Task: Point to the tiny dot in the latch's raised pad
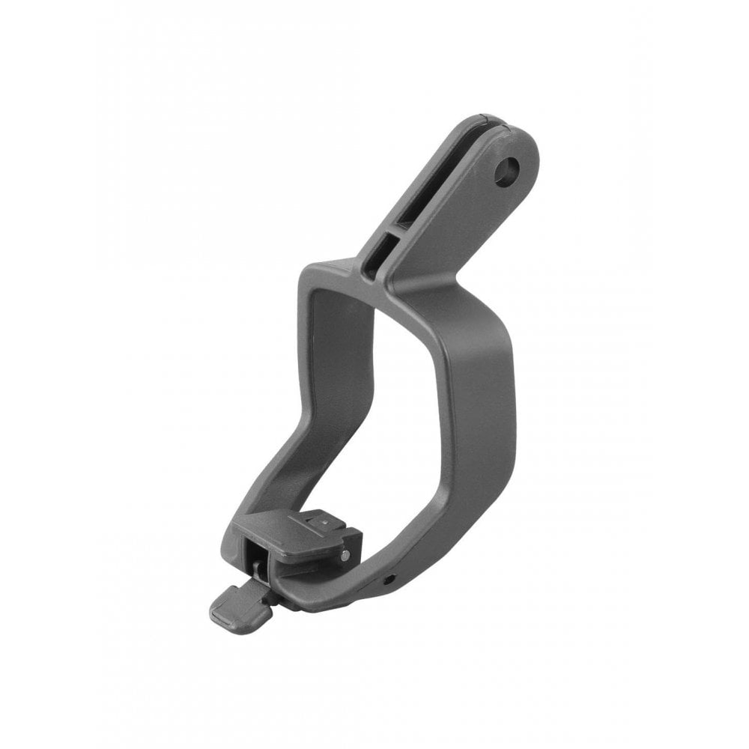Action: point(320,518)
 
